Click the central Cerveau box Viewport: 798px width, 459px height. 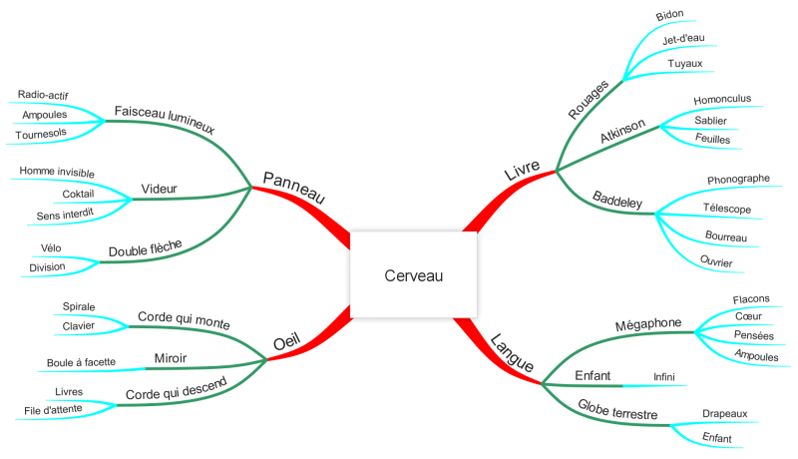click(x=413, y=274)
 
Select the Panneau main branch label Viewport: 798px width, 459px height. click(x=293, y=188)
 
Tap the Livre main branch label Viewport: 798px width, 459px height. click(x=522, y=170)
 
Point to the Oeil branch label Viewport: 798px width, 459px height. click(x=286, y=341)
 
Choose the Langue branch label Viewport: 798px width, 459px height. click(x=512, y=352)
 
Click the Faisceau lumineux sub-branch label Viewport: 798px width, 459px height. click(x=165, y=120)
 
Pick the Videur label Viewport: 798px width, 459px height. click(x=159, y=189)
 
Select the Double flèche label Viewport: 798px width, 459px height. click(x=145, y=248)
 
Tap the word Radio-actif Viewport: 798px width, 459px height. click(x=43, y=95)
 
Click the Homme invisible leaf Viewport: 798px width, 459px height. click(x=57, y=172)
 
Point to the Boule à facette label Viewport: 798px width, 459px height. click(x=81, y=362)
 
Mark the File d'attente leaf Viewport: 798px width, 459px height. click(x=53, y=410)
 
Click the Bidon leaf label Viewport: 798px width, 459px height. click(x=669, y=15)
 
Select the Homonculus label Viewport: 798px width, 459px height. click(x=722, y=99)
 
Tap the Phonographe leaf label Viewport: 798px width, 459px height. click(x=738, y=180)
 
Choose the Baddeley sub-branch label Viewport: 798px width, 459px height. click(x=617, y=200)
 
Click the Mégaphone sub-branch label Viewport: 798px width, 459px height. click(x=647, y=324)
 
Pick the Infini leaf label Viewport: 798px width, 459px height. click(x=664, y=376)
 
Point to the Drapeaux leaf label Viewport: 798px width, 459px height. click(x=725, y=414)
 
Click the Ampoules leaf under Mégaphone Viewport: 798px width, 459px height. click(x=756, y=355)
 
